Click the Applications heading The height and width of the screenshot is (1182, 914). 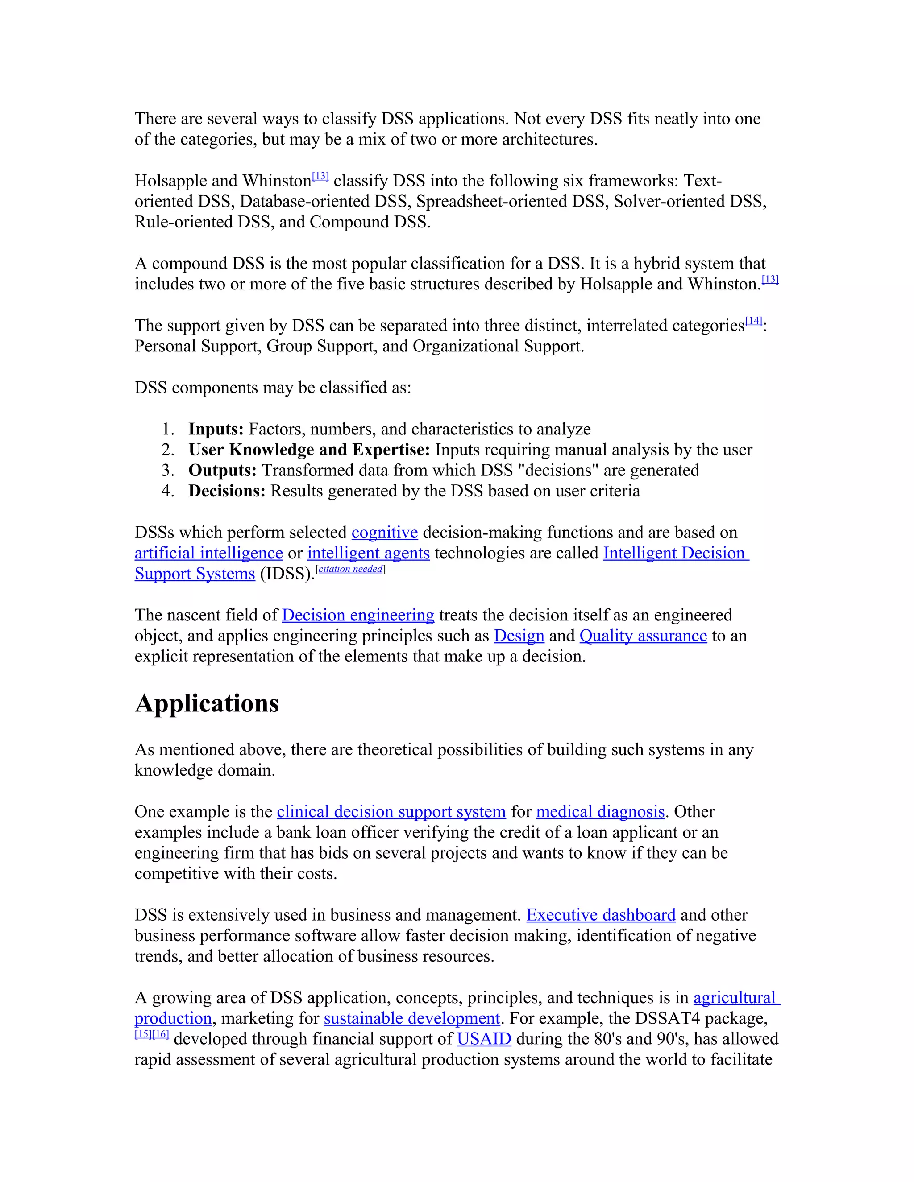(x=207, y=703)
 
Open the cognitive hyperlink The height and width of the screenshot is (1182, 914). (x=384, y=533)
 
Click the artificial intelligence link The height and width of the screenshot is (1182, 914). (x=208, y=554)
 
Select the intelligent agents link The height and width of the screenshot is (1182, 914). (x=368, y=554)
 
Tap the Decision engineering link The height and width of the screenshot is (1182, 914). (x=358, y=616)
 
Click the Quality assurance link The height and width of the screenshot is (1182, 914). (x=643, y=636)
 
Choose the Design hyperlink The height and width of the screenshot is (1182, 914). (x=519, y=636)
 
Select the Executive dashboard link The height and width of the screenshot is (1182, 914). (x=601, y=915)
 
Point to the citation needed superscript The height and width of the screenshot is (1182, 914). (x=351, y=569)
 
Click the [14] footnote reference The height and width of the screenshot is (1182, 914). (x=753, y=321)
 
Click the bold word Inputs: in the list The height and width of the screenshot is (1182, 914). (x=216, y=429)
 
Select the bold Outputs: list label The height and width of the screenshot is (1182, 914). (x=222, y=470)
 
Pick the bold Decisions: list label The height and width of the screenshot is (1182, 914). (x=226, y=491)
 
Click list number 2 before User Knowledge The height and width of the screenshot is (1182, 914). (x=167, y=450)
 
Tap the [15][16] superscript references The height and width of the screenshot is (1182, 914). (x=152, y=1034)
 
